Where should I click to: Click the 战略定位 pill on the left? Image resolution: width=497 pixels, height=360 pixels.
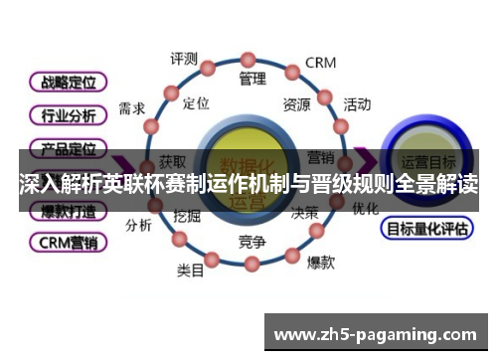point(69,82)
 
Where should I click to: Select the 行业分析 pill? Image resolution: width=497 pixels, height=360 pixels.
point(69,115)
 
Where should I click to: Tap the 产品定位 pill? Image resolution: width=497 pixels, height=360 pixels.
point(69,148)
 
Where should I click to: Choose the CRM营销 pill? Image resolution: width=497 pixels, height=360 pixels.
point(69,241)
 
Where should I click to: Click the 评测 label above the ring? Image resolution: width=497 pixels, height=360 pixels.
point(184,59)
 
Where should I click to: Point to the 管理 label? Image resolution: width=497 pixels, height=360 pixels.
point(252,77)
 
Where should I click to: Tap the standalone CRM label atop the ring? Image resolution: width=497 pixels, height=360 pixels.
point(320,63)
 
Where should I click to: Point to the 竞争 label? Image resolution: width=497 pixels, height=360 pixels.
point(251,242)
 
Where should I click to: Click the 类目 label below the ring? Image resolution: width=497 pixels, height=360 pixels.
point(191,269)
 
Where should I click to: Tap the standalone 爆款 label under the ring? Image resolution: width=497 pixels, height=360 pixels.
point(320,263)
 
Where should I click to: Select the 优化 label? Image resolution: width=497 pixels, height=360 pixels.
point(365,209)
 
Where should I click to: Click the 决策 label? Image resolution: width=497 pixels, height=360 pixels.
point(304,213)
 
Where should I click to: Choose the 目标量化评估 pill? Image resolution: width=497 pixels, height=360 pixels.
point(426,228)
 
